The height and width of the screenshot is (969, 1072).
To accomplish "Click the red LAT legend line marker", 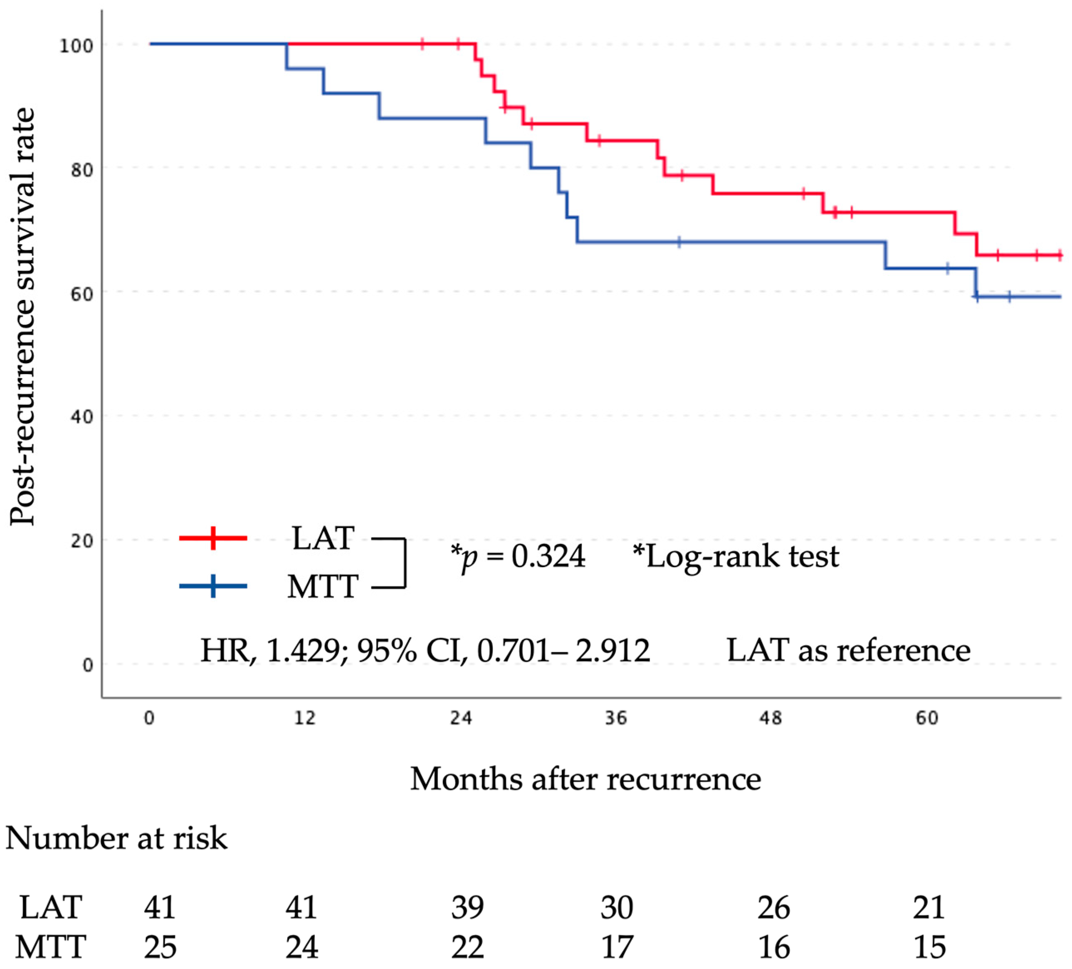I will coord(213,538).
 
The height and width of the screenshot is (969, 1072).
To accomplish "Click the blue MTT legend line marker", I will coord(213,586).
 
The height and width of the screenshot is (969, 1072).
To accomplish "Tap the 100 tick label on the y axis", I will coord(76,46).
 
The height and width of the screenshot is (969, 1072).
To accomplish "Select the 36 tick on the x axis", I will coord(616,719).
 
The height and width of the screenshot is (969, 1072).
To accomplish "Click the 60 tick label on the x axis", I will coord(927,719).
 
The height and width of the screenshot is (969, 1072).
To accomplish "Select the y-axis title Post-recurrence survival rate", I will coord(22,317).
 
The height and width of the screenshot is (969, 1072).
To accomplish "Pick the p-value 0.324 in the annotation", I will coord(548,557).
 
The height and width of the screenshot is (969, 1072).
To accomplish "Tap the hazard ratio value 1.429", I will coord(303,650).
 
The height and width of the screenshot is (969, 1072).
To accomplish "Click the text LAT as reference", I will coord(849,650).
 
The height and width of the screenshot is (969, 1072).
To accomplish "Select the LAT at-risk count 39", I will coord(467,907).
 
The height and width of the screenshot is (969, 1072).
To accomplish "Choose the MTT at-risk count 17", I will coord(617,947).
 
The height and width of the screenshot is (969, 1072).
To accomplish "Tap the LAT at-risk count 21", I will coord(929,907).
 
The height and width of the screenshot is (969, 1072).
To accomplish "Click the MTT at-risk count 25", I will coord(160,947).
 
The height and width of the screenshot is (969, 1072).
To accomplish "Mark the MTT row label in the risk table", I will coord(50,947).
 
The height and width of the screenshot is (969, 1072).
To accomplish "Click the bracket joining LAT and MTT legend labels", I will coord(404,563).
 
